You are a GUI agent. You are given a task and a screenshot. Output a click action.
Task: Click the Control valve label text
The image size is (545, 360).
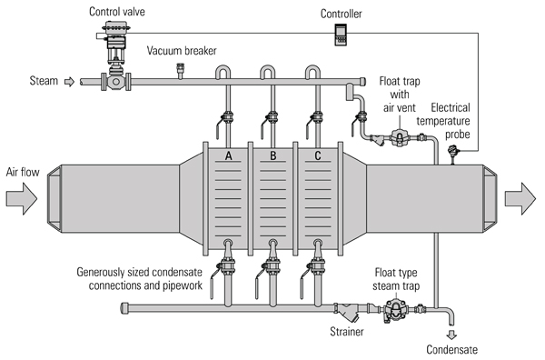click(x=117, y=12)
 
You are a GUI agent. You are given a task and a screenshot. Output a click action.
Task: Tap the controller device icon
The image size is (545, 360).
click(x=341, y=35)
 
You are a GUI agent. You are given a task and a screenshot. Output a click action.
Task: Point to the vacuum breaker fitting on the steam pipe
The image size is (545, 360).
click(x=180, y=71)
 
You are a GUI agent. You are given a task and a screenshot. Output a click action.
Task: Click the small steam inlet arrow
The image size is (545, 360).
click(x=70, y=82)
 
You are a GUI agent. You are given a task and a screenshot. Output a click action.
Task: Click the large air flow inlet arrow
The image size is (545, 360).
click(x=22, y=198)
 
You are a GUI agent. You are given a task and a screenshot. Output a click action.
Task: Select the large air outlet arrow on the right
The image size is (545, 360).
click(x=520, y=198)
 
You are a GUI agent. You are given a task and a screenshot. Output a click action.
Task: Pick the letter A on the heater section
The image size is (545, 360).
click(x=228, y=155)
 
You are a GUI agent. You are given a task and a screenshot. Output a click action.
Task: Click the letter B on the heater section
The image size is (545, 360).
click(x=272, y=155)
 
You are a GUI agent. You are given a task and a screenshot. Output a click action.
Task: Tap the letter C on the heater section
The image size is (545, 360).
click(x=318, y=155)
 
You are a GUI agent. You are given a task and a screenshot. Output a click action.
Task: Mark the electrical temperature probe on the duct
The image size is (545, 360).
click(x=453, y=155)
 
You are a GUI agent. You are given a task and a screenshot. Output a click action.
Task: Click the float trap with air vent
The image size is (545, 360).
click(x=399, y=138)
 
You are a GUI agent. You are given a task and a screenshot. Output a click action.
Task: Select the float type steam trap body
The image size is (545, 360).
click(x=395, y=310)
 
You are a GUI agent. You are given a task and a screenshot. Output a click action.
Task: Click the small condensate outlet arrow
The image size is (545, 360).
click(x=451, y=335)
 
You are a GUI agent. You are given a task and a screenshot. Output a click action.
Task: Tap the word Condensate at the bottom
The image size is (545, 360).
click(x=451, y=350)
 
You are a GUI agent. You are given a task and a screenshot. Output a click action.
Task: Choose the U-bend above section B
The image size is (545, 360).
click(x=268, y=71)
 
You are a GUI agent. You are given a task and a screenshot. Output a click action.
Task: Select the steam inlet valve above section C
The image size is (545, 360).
click(x=314, y=119)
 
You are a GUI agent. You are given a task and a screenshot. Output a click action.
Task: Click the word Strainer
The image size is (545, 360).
click(x=347, y=332)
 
